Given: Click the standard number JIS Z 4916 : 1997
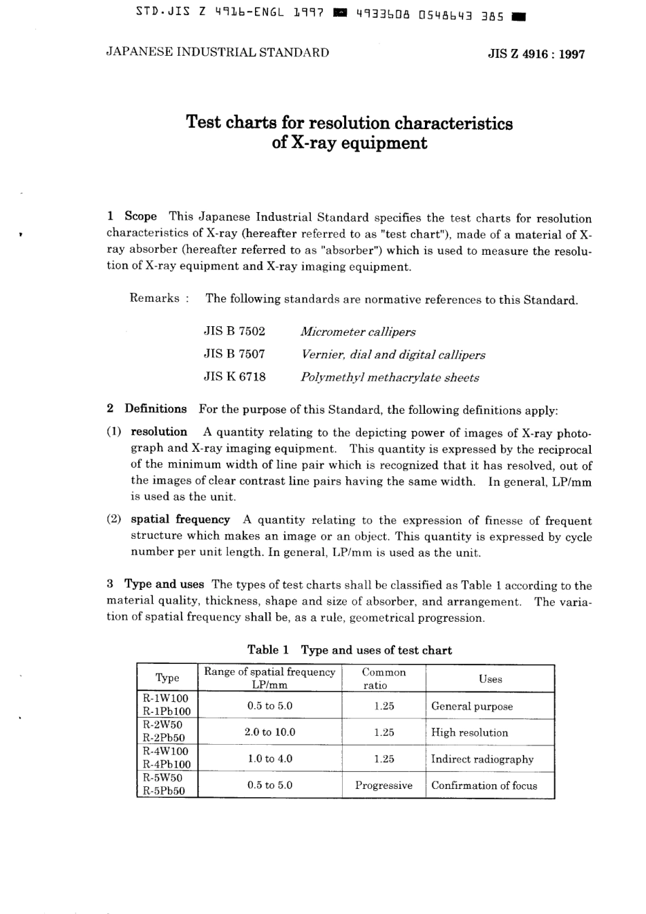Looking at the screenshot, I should tap(536, 54).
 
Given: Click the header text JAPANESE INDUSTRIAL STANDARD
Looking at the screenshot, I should tap(218, 52).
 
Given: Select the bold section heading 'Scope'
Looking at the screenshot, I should tap(141, 217).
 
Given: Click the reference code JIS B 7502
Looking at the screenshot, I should tap(234, 332).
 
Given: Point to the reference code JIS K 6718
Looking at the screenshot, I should tap(234, 376).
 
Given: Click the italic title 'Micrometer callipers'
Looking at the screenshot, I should tap(358, 332).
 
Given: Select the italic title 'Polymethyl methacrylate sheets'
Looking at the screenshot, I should tap(390, 378).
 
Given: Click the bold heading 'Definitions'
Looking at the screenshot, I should tap(155, 409).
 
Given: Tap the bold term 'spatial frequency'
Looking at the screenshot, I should tap(180, 520).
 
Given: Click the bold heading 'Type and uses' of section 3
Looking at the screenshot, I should tap(164, 584).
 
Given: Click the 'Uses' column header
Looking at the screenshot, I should tap(490, 679).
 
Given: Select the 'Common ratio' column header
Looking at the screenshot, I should tap(384, 679).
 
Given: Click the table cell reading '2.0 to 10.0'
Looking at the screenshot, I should tap(269, 732).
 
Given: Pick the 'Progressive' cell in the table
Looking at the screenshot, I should tap(384, 786).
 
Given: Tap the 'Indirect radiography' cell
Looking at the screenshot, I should tap(482, 759).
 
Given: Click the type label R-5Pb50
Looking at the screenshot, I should tap(164, 791).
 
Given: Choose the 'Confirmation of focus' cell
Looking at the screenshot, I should tap(484, 786).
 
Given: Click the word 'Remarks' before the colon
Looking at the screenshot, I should tap(154, 298).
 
